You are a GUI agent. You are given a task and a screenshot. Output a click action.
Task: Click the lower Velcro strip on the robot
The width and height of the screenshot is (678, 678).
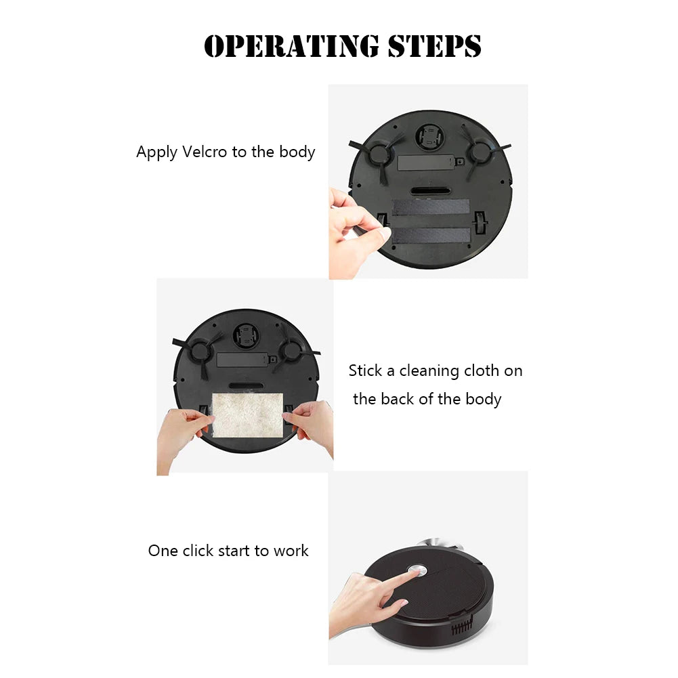(431, 236)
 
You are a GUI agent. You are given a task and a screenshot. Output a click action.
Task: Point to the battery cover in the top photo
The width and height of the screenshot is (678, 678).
(425, 163)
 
